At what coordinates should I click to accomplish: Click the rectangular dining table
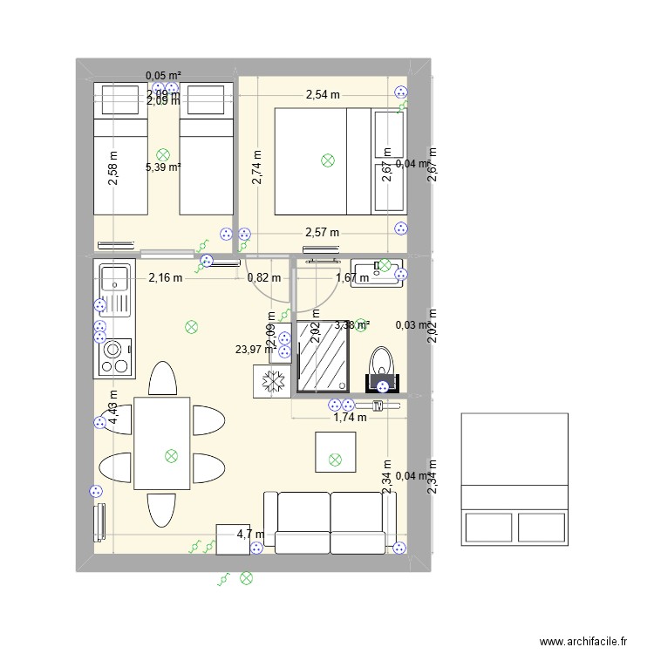162,443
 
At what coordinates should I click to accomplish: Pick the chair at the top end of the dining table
162,380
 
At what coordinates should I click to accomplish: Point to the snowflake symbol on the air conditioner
271,381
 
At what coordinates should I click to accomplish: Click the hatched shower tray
324,358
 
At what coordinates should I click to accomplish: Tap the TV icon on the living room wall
378,405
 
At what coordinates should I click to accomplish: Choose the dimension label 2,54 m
323,95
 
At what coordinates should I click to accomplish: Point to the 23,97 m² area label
252,350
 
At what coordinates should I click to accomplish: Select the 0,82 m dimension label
264,278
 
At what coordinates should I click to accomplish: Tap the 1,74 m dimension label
350,418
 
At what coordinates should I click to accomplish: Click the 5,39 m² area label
163,167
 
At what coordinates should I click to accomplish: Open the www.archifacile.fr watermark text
583,641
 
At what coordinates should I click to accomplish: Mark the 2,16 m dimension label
165,278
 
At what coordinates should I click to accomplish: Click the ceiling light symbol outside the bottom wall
246,576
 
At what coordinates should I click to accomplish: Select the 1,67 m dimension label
353,278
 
